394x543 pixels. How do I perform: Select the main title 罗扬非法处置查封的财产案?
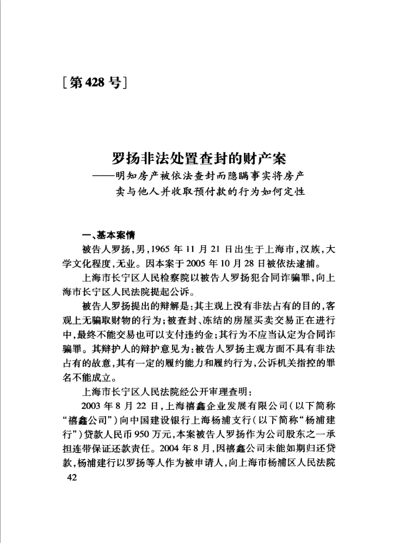pos(199,159)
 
